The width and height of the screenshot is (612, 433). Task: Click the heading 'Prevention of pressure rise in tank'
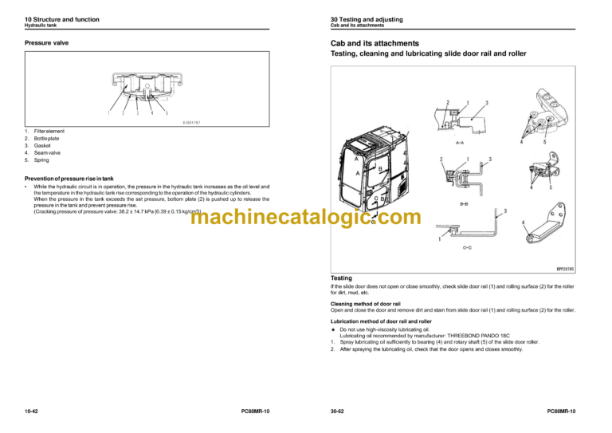[x=73, y=178]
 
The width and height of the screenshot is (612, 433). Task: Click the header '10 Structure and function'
[x=59, y=18]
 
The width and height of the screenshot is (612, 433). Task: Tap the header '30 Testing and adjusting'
[x=367, y=18]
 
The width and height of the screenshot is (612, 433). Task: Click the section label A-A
[x=460, y=144]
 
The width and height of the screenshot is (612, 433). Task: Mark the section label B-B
[x=463, y=205]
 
